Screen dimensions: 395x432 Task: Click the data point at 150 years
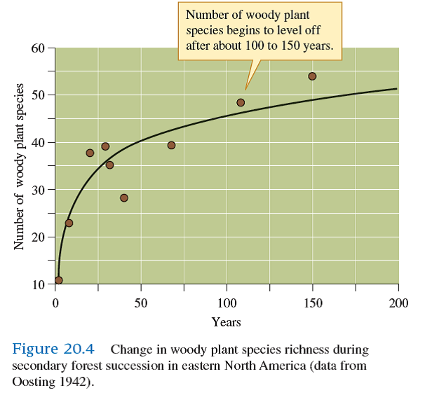tap(312, 76)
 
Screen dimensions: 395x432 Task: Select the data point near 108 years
tap(241, 102)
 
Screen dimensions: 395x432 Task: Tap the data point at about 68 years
tap(171, 145)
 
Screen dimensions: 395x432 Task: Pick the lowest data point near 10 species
tap(58, 280)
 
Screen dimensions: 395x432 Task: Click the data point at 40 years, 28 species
tap(124, 197)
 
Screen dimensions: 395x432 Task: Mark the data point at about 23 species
tap(69, 223)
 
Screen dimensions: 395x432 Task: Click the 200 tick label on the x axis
tap(398, 302)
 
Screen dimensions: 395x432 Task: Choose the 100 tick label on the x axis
tap(227, 302)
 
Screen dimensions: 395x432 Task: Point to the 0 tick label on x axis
tap(55, 302)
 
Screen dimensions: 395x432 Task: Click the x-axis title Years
tap(226, 322)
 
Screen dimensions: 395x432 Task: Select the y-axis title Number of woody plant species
tap(19, 166)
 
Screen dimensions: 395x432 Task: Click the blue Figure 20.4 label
tap(58, 349)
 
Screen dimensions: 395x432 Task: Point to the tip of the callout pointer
tap(245, 90)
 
